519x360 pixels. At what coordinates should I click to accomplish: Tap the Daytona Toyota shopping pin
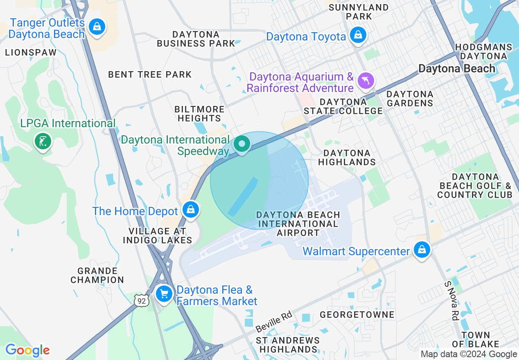[x=358, y=35]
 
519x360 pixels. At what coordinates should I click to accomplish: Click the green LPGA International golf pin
[x=43, y=142]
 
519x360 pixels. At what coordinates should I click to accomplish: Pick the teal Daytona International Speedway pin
[x=242, y=144]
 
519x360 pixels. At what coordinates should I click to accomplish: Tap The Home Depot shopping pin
[x=190, y=209]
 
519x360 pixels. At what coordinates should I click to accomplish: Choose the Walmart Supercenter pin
[x=422, y=249]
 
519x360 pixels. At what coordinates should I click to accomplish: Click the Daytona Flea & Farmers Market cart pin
[x=164, y=294]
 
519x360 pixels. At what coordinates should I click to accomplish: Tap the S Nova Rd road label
[x=452, y=301]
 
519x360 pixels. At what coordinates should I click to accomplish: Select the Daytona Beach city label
[x=457, y=68]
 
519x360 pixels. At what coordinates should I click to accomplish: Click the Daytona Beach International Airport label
[x=298, y=224]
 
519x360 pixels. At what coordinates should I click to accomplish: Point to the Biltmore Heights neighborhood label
[x=199, y=114]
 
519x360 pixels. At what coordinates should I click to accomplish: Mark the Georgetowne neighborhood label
[x=357, y=314]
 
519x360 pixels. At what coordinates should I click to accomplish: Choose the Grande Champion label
[x=97, y=275]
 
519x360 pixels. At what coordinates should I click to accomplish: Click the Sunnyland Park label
[x=359, y=12]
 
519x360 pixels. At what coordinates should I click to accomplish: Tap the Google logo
[x=27, y=350]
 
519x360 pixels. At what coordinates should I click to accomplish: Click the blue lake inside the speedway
[x=243, y=196]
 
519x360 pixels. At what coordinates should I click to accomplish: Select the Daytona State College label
[x=343, y=106]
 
